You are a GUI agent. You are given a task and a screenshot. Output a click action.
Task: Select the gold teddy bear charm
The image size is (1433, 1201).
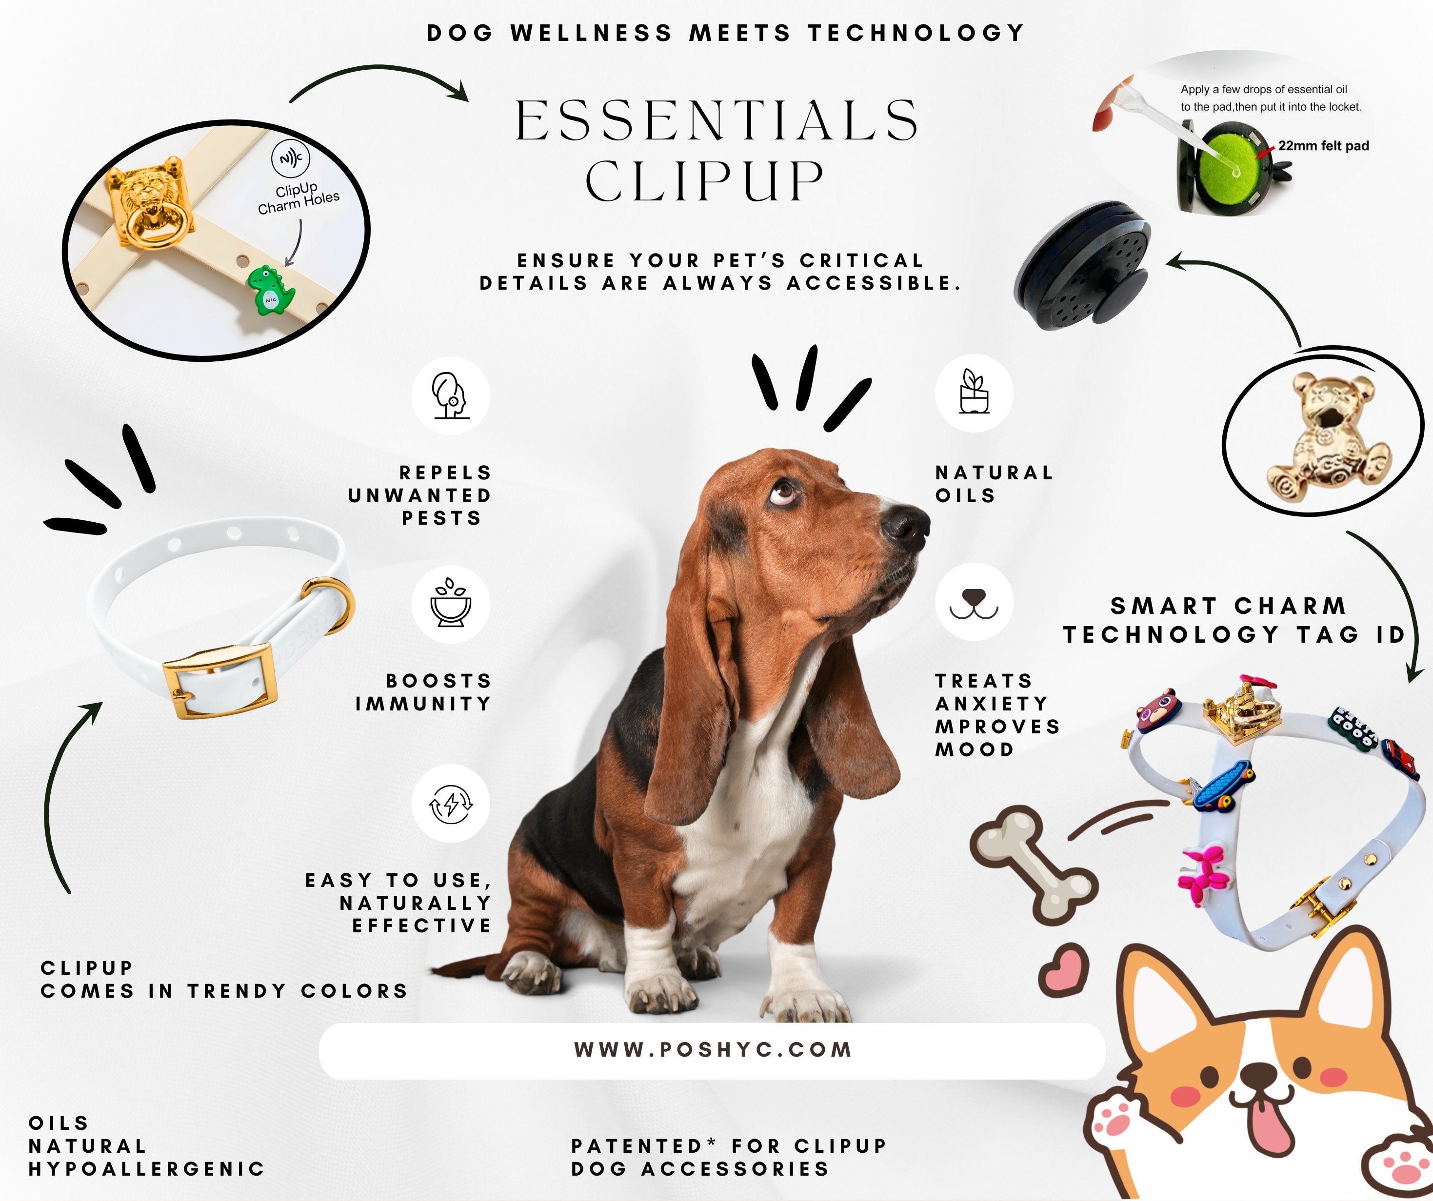(1327, 437)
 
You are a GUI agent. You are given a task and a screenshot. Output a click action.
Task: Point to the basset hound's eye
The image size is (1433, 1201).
(783, 491)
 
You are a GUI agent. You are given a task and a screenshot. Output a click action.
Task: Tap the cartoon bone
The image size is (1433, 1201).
(1034, 863)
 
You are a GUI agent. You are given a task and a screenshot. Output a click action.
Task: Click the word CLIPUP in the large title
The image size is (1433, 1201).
(704, 181)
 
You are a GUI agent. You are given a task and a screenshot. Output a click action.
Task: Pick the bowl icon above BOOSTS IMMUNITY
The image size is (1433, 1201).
(450, 603)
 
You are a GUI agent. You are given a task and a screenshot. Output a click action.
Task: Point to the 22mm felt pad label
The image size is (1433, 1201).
(1323, 146)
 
